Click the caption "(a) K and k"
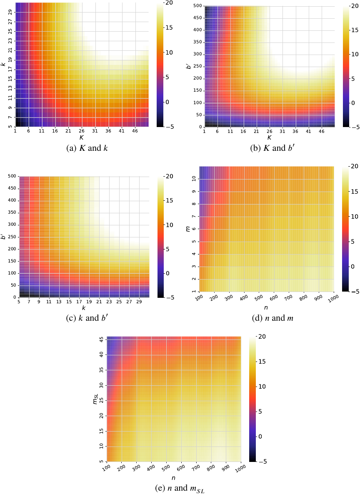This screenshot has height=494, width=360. coord(81,147)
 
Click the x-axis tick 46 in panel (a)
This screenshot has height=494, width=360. coord(135,130)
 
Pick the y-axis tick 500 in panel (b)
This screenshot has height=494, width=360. coord(197,6)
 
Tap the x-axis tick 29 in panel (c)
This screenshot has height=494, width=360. coord(139,301)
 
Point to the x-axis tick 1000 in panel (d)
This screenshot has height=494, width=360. coord(332,299)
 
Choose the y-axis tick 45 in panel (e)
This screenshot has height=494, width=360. coord(101,339)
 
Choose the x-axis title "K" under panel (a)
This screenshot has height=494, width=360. coord(81,137)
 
